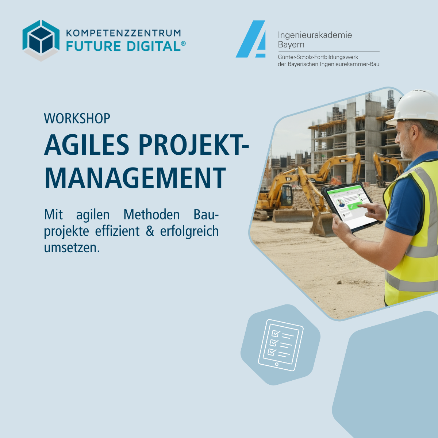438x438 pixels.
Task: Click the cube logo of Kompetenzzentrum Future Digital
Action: tap(41, 41)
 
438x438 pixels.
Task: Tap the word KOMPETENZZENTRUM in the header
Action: tap(123, 33)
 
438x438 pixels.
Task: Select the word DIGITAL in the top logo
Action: tap(154, 46)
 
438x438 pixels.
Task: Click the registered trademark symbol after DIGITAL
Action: tap(183, 43)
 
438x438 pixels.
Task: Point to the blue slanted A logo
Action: tap(251, 39)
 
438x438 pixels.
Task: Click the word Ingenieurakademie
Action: tap(315, 35)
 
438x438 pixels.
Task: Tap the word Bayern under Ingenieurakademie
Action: tap(291, 45)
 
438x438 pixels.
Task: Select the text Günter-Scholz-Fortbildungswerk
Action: tap(318, 57)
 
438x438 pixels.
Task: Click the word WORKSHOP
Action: tap(77, 118)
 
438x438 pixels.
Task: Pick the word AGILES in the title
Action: tap(87, 145)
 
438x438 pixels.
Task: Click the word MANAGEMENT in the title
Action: tap(135, 178)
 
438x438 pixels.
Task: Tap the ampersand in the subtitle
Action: tap(150, 231)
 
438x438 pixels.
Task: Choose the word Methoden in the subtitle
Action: tap(151, 215)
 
